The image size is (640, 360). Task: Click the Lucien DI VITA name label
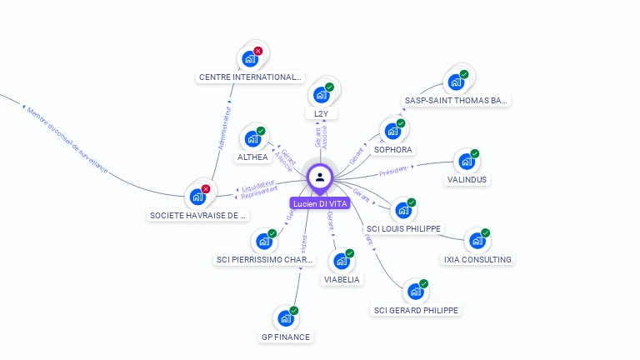pyautogui.click(x=320, y=203)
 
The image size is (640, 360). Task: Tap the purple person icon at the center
pyautogui.click(x=320, y=177)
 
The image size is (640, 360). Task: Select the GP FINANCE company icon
pyautogui.click(x=285, y=318)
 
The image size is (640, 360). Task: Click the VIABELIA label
pyautogui.click(x=342, y=279)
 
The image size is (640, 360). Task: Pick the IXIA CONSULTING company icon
pyautogui.click(x=477, y=241)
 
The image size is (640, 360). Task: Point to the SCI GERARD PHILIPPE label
pyautogui.click(x=416, y=310)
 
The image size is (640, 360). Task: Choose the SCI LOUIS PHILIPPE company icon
pyautogui.click(x=403, y=210)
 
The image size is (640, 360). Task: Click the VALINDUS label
pyautogui.click(x=467, y=179)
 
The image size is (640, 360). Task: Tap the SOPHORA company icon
pyautogui.click(x=392, y=132)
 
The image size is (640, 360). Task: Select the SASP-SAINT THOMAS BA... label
pyautogui.click(x=456, y=100)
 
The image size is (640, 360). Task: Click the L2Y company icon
pyautogui.click(x=321, y=95)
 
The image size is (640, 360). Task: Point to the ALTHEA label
pyautogui.click(x=252, y=157)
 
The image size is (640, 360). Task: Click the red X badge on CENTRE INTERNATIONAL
pyautogui.click(x=258, y=52)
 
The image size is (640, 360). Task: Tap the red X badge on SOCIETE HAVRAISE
pyautogui.click(x=206, y=189)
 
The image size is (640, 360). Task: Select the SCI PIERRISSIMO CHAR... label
pyautogui.click(x=265, y=259)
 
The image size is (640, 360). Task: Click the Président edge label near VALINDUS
pyautogui.click(x=394, y=170)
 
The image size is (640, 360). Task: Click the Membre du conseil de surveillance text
pyautogui.click(x=67, y=139)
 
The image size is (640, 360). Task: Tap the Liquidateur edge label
pyautogui.click(x=259, y=184)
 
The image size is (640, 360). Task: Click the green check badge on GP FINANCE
pyautogui.click(x=293, y=311)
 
